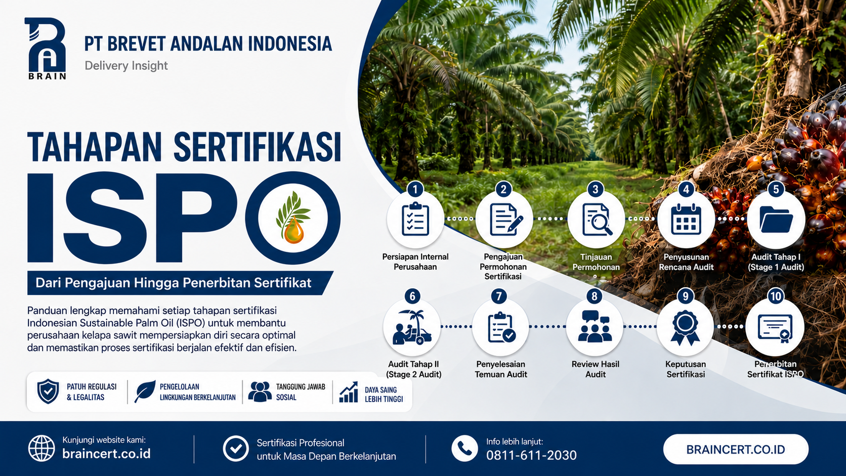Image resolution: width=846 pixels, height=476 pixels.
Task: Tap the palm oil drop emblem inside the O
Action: [x=292, y=218]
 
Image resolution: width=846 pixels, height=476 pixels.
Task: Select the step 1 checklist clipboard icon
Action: [x=415, y=219]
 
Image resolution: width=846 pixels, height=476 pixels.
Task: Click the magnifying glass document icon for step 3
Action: [x=597, y=220]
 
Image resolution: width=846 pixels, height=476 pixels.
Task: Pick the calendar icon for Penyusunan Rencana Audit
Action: [x=686, y=219]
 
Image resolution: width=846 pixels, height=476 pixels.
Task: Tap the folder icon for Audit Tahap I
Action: [x=776, y=220]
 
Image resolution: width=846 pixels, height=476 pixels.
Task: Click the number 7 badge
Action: [x=499, y=296]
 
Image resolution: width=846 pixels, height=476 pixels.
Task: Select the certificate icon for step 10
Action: [x=775, y=328]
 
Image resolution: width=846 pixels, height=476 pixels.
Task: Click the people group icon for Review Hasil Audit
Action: [x=595, y=326]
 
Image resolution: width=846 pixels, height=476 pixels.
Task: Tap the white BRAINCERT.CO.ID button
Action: [x=736, y=449]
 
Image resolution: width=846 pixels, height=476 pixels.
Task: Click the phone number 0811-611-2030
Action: [x=531, y=455]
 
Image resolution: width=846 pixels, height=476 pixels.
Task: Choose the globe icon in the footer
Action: [x=41, y=449]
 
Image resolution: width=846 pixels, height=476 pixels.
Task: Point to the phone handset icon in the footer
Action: [x=464, y=449]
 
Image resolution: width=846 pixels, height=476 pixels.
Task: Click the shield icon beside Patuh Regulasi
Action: [x=48, y=392]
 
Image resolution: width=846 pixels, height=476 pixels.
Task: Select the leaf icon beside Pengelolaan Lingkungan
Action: [x=145, y=392]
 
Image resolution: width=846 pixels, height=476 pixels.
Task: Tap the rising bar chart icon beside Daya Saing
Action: [x=349, y=392]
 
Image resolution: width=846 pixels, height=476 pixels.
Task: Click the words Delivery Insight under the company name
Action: [x=126, y=66]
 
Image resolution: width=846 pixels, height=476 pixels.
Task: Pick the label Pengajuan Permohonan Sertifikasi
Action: [x=503, y=267]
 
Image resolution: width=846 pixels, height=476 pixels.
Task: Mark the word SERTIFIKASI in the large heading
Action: [x=257, y=147]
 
